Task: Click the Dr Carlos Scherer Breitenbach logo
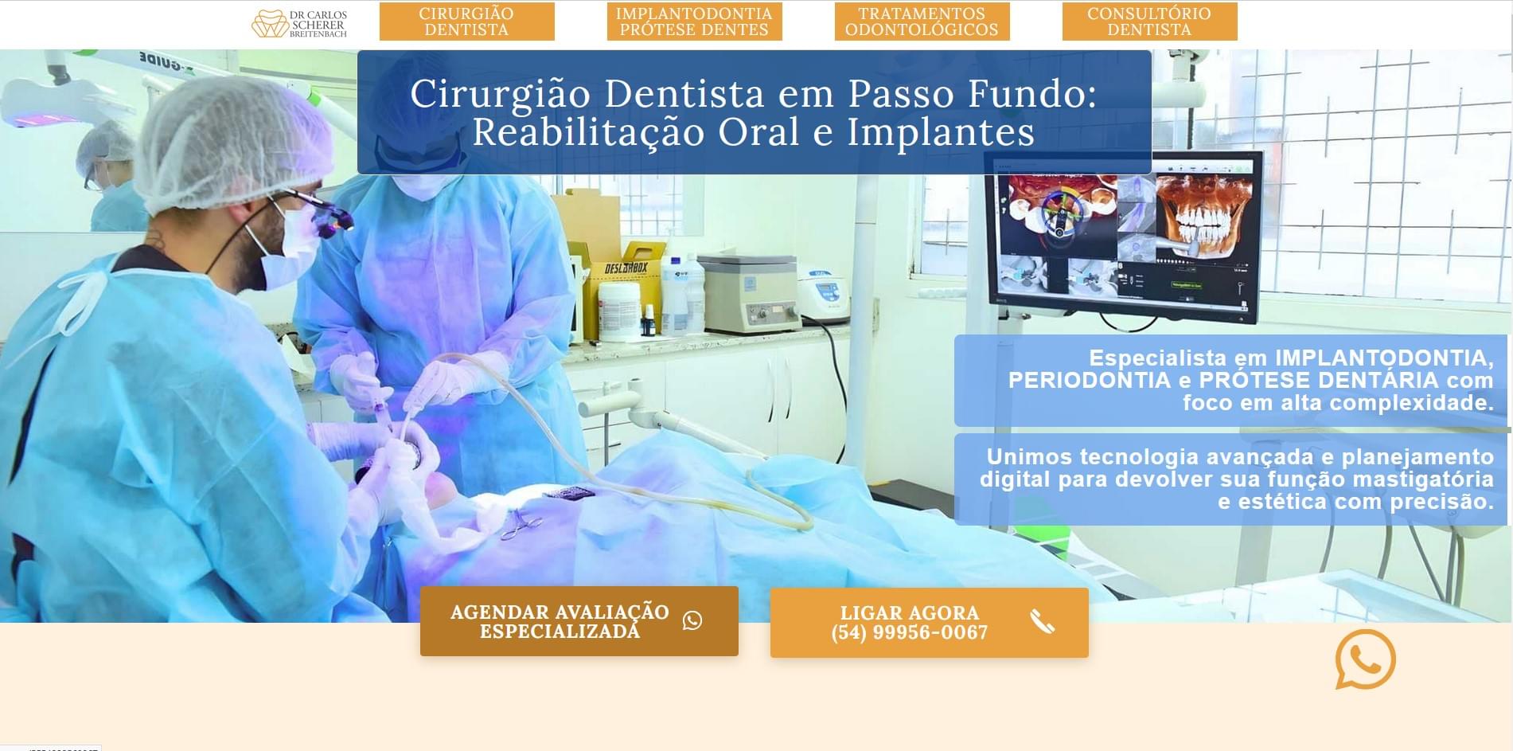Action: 299,23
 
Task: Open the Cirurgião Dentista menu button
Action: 466,22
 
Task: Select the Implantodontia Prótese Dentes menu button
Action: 694,22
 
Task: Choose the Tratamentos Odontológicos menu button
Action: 922,22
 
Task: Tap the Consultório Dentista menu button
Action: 1149,22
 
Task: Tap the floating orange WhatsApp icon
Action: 1365,659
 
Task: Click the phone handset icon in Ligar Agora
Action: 1042,621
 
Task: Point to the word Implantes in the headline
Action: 941,132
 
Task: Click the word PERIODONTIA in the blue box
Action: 1089,380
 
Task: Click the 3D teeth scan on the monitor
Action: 1202,215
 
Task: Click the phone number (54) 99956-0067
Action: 909,632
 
